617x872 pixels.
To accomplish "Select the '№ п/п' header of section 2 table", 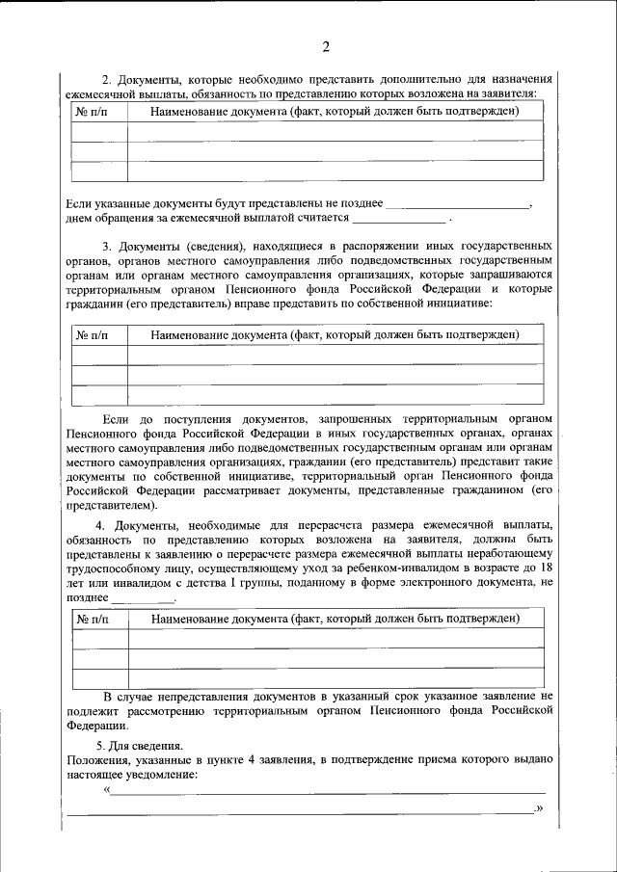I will pos(93,111).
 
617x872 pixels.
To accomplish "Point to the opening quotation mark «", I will pos(107,791).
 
